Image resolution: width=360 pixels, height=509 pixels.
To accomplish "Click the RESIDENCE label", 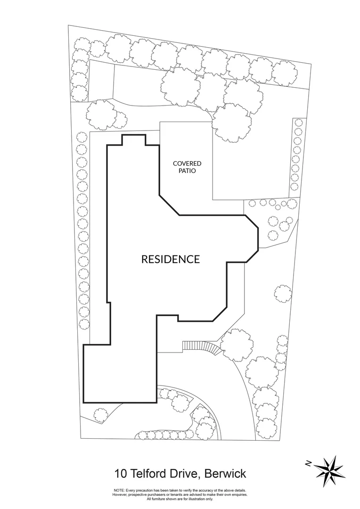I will (171, 259).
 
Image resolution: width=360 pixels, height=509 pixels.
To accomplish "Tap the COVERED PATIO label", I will (187, 167).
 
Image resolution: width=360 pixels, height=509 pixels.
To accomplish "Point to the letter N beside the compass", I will (308, 464).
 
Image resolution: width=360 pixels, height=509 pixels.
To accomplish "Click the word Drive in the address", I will (182, 473).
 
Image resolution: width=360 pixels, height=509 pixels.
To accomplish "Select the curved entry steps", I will (202, 347).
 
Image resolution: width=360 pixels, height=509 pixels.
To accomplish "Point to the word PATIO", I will (187, 171).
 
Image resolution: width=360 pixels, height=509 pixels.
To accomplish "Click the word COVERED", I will (187, 164).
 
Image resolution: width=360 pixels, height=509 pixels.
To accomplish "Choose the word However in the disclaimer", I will (121, 495).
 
